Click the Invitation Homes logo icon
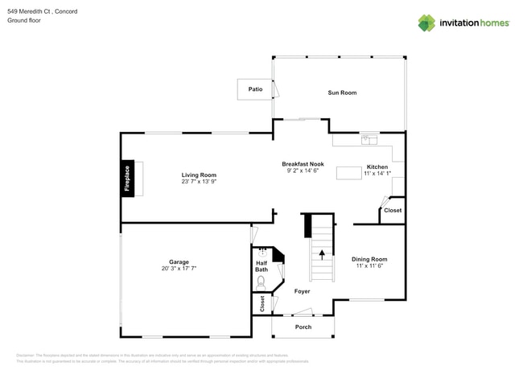pyautogui.click(x=426, y=23)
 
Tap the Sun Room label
pyautogui.click(x=341, y=92)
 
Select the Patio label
pyautogui.click(x=255, y=89)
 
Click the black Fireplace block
pyautogui.click(x=126, y=179)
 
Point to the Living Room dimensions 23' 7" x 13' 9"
pyautogui.click(x=199, y=182)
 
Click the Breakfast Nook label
pyautogui.click(x=303, y=163)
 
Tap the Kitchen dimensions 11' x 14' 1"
pyautogui.click(x=377, y=174)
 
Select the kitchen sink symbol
pyautogui.click(x=369, y=138)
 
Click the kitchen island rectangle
pyautogui.click(x=349, y=172)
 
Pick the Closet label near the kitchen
pyautogui.click(x=392, y=211)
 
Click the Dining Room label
pyautogui.click(x=369, y=259)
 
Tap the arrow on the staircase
pyautogui.click(x=322, y=256)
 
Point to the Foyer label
pyautogui.click(x=302, y=291)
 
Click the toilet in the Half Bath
pyautogui.click(x=260, y=282)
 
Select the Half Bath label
pyautogui.click(x=261, y=265)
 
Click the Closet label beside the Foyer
pyautogui.click(x=261, y=303)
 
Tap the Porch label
pyautogui.click(x=303, y=327)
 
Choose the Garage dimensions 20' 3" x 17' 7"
pyautogui.click(x=179, y=268)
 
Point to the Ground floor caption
pyautogui.click(x=24, y=20)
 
